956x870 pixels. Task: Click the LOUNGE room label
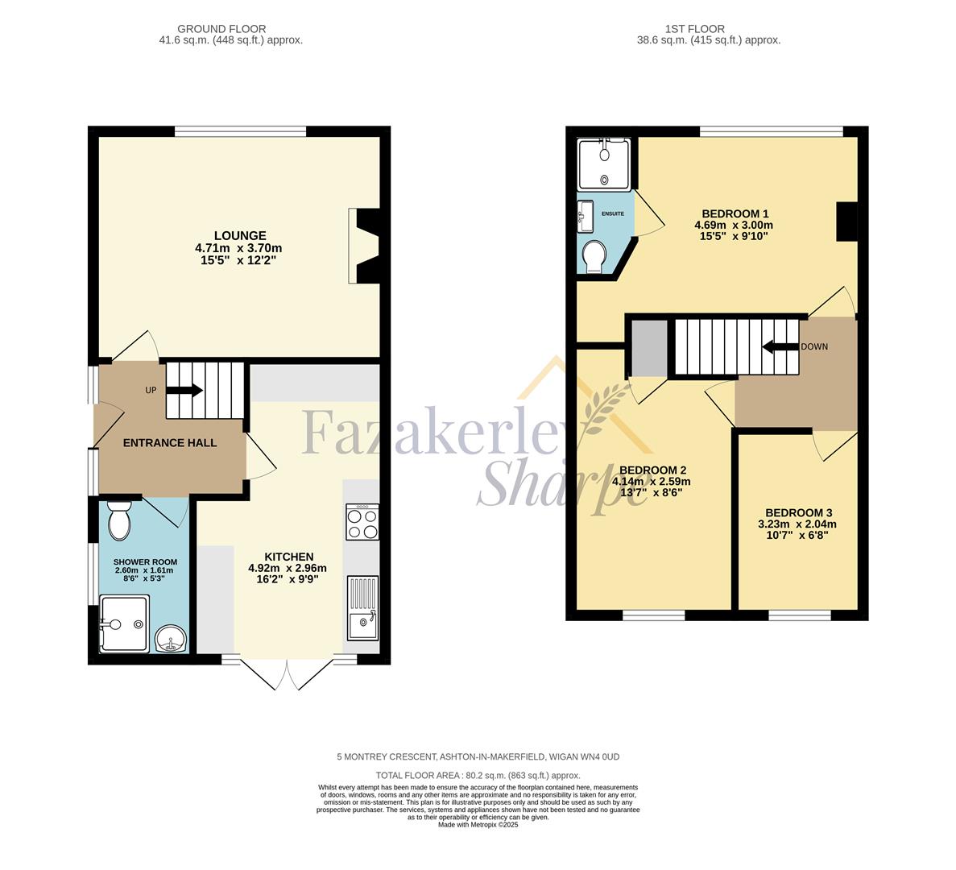click(x=240, y=235)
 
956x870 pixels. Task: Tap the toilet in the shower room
click(x=119, y=520)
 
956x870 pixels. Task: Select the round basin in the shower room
click(x=172, y=639)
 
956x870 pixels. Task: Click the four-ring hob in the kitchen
click(x=362, y=522)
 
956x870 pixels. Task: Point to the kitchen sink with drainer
click(x=362, y=607)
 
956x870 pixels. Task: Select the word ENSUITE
click(x=613, y=214)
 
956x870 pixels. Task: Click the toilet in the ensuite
click(x=594, y=256)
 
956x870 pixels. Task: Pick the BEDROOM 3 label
click(x=799, y=513)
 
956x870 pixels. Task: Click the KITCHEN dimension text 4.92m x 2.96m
click(x=288, y=568)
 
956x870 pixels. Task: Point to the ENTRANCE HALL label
click(x=170, y=443)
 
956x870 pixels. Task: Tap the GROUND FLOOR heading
click(x=222, y=29)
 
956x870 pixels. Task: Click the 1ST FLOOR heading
click(x=695, y=29)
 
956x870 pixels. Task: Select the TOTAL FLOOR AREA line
click(x=478, y=776)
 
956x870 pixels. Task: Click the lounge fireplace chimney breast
click(x=368, y=246)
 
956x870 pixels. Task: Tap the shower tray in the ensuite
click(x=603, y=164)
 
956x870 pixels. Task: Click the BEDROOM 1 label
click(x=735, y=214)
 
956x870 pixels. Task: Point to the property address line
click(x=478, y=756)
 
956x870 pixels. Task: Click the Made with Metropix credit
click(x=478, y=824)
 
